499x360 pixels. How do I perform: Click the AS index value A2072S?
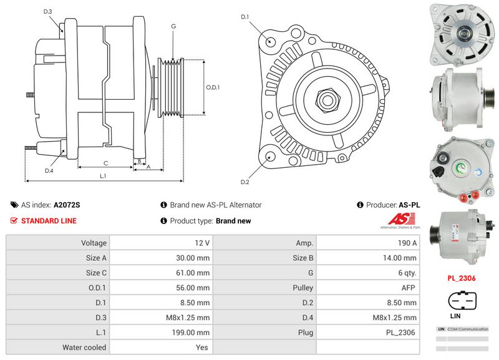[67, 205]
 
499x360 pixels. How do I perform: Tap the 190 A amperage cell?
[367, 243]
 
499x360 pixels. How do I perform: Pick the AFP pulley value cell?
[367, 288]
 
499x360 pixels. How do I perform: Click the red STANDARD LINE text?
[49, 221]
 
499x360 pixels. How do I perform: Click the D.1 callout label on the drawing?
[245, 17]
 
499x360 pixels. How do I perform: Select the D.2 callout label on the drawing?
[245, 182]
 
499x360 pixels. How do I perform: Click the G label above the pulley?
[173, 26]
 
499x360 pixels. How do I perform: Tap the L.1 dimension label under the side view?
[103, 177]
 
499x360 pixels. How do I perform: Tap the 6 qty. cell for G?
[367, 273]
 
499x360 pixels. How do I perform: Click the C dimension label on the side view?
[106, 163]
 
